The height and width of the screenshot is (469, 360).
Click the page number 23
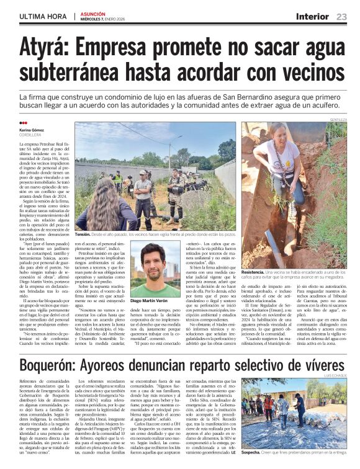[x=341, y=17]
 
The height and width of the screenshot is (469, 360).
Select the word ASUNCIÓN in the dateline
[x=92, y=14]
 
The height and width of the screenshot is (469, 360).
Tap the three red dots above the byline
[x=23, y=123]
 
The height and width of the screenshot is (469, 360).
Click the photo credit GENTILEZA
[x=338, y=118]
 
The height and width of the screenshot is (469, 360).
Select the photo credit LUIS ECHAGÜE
[x=336, y=375]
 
